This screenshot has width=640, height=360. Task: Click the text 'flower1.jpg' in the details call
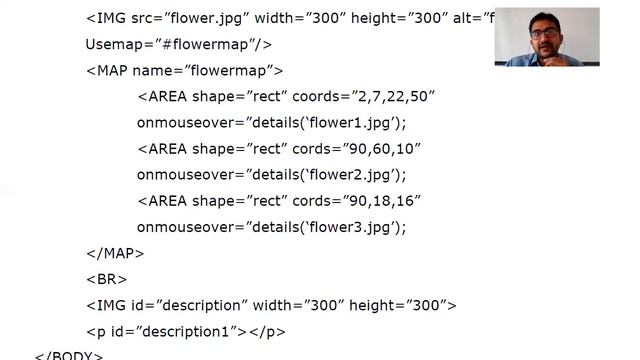(351, 122)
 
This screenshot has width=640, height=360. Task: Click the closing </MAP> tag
(115, 253)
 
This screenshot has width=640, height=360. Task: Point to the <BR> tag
(106, 279)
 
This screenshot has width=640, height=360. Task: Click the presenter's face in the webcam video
(546, 34)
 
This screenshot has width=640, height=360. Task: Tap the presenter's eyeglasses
(546, 32)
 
